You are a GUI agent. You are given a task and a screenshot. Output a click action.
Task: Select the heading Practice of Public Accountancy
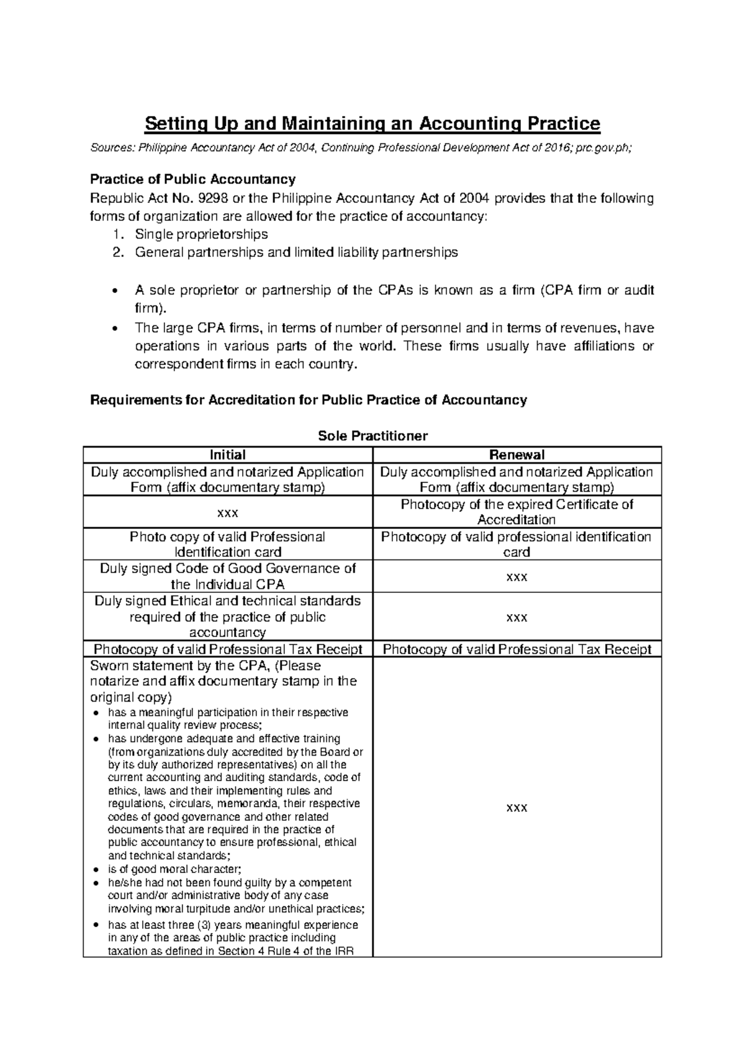tap(193, 179)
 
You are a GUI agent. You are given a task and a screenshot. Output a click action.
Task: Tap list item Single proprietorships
tap(201, 234)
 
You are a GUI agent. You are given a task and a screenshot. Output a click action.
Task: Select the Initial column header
tap(228, 454)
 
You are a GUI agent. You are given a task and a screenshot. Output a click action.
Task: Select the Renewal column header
tap(517, 454)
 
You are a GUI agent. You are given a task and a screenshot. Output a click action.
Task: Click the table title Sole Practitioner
tap(372, 436)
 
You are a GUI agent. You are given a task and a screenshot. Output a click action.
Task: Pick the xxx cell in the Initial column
tap(228, 512)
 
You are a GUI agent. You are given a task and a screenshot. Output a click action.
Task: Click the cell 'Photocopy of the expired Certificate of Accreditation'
tap(517, 512)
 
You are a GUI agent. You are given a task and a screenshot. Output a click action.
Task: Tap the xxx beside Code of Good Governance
tap(517, 576)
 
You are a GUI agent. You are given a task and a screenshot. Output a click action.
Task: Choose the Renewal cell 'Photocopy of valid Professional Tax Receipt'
tap(517, 649)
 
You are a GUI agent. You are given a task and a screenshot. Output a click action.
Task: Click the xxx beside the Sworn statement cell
tap(517, 807)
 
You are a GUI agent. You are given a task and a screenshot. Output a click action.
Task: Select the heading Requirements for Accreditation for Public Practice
tap(309, 400)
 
